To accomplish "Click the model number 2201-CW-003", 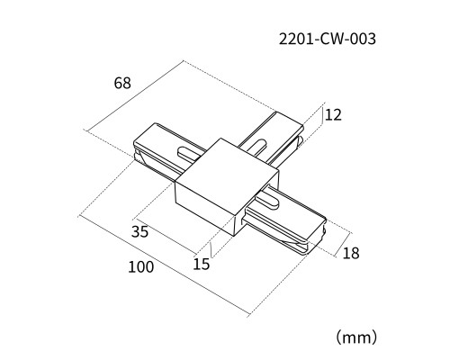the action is tap(328, 39).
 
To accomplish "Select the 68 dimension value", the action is tap(122, 83).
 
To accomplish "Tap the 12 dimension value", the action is tap(333, 115).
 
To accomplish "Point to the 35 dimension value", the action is tap(139, 231).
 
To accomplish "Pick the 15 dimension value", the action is tap(202, 265).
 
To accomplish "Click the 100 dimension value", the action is tap(141, 267).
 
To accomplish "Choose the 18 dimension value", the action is tap(351, 253).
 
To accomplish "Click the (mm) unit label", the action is tap(356, 337).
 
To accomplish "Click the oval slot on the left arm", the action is tap(189, 152).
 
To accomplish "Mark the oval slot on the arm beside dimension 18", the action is tap(267, 201).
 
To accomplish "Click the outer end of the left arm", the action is tap(138, 150).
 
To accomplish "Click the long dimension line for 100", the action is tap(164, 265).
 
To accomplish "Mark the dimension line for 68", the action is tap(134, 96).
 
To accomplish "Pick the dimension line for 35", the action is tap(165, 235).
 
